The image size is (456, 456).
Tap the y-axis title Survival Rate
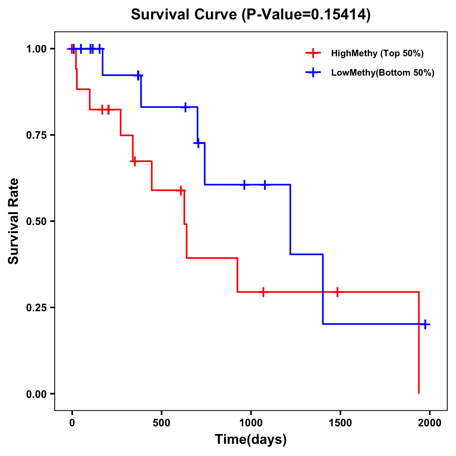click(14, 221)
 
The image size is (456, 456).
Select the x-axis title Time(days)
click(251, 439)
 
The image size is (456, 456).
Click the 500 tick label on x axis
click(161, 423)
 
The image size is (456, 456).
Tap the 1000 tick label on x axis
click(251, 423)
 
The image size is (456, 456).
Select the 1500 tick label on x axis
click(340, 423)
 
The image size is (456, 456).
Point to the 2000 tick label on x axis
click(429, 423)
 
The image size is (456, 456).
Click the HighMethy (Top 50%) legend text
click(377, 53)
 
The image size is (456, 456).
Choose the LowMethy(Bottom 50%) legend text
click(383, 73)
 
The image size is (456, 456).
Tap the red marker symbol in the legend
click(313, 53)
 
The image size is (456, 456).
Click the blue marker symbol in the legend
click(313, 73)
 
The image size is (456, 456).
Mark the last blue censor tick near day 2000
click(425, 324)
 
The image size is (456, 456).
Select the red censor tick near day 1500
click(337, 292)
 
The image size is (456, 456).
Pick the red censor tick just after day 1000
click(263, 292)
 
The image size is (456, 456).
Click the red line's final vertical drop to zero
click(419, 342)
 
